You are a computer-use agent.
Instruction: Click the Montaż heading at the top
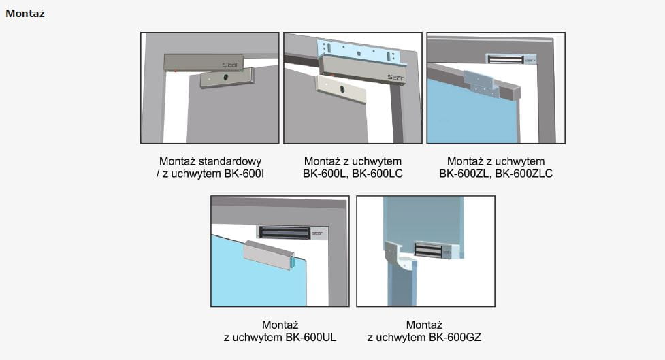click(x=25, y=14)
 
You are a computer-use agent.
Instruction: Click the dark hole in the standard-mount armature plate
click(x=225, y=77)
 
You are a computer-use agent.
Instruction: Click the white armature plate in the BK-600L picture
click(x=341, y=88)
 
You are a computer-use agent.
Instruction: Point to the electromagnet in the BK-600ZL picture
click(x=511, y=59)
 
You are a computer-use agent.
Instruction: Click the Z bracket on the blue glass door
click(x=482, y=84)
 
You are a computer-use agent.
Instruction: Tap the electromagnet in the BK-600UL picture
click(x=292, y=232)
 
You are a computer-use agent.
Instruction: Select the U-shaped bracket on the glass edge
click(x=269, y=255)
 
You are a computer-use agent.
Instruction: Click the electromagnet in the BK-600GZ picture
click(x=436, y=250)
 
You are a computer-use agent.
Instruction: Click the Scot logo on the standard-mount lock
click(x=230, y=65)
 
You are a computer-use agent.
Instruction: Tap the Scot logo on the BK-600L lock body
click(x=395, y=78)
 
